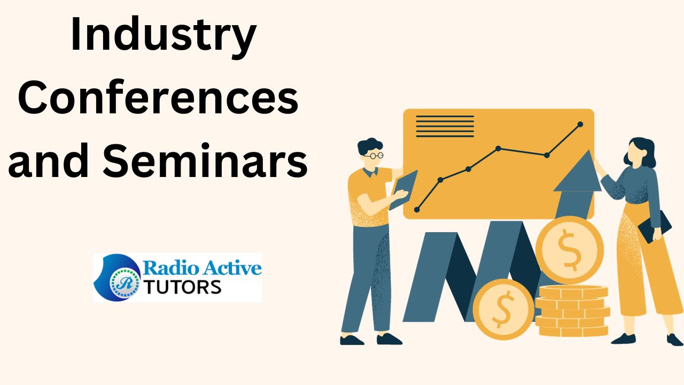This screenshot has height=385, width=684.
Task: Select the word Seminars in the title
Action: tap(205, 160)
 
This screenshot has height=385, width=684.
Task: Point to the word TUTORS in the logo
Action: tap(182, 287)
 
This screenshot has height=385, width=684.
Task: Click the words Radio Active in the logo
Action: tap(202, 268)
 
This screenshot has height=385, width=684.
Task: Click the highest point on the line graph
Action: tap(580, 125)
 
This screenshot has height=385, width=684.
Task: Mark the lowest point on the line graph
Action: tap(417, 210)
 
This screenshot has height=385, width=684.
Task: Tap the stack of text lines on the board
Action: tap(445, 126)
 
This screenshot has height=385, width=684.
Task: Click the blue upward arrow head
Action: tap(578, 171)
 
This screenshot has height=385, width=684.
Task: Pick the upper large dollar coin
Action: tap(570, 250)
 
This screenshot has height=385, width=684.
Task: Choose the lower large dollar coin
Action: tap(503, 309)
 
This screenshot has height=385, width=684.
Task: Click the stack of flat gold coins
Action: tap(572, 311)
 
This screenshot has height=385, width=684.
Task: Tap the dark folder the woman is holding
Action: tap(655, 227)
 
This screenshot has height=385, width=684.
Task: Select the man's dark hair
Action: tap(370, 146)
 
